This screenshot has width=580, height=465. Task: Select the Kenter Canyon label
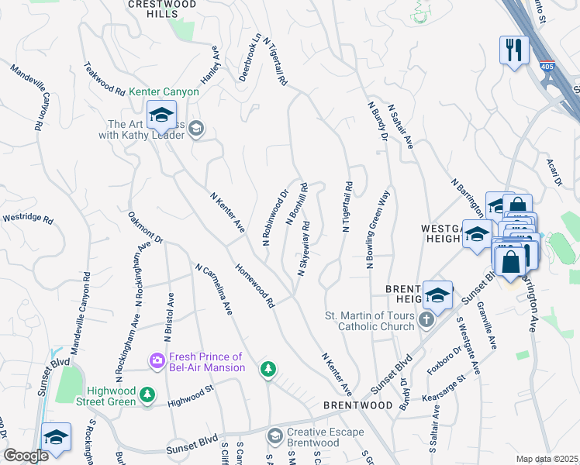(x=164, y=91)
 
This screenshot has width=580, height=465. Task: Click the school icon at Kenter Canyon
(x=161, y=117)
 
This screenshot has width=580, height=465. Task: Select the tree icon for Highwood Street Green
(x=147, y=396)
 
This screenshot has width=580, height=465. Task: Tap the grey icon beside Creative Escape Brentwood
(x=274, y=437)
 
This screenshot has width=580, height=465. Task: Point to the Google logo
(x=26, y=456)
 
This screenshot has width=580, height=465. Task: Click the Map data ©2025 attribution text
(x=547, y=459)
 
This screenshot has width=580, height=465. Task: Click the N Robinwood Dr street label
(x=274, y=218)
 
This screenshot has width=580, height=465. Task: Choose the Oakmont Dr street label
(x=146, y=228)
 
